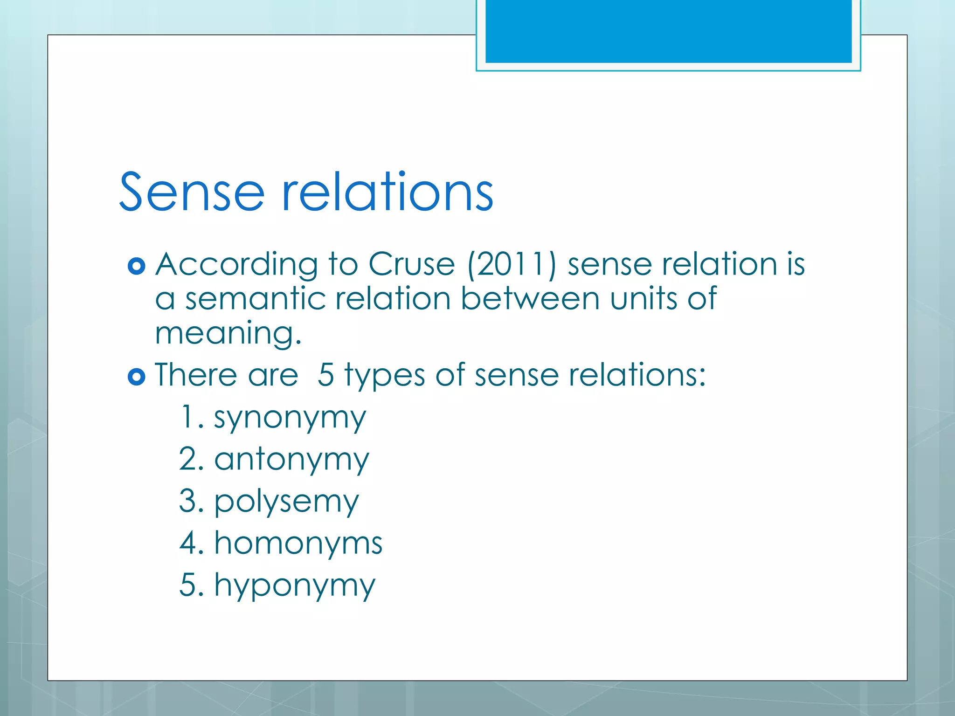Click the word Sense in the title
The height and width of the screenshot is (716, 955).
[192, 192]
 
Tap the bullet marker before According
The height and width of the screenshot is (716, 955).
[136, 266]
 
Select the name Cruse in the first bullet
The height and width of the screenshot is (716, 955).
[411, 265]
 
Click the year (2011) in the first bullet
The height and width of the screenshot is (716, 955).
[512, 265]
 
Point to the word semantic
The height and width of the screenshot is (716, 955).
[255, 299]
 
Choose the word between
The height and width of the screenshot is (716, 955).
[530, 299]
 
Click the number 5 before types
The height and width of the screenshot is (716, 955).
[325, 375]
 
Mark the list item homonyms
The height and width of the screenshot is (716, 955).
[298, 544]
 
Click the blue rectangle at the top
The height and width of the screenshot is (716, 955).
[668, 31]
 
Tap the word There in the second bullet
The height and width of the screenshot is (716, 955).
[196, 375]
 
